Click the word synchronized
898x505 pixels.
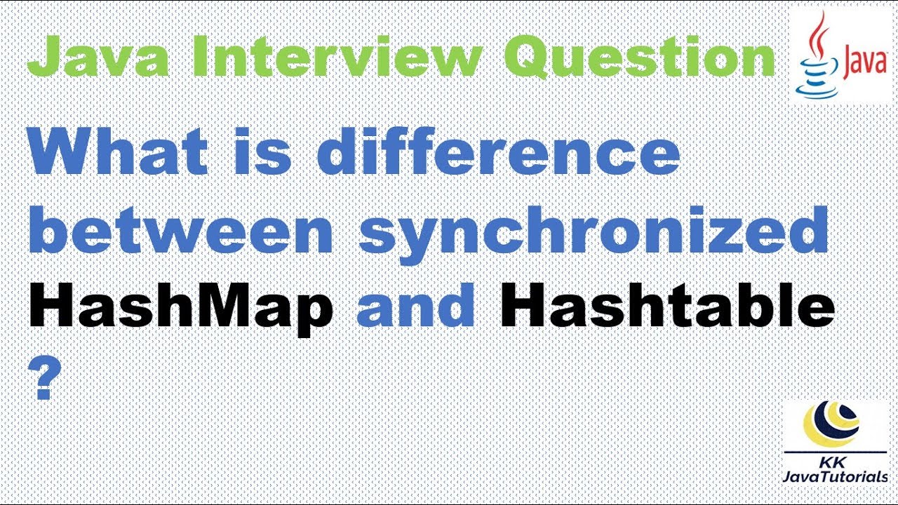593,233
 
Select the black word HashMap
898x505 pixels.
180,309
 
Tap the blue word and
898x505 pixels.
416,309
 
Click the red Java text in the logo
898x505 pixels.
862,64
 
